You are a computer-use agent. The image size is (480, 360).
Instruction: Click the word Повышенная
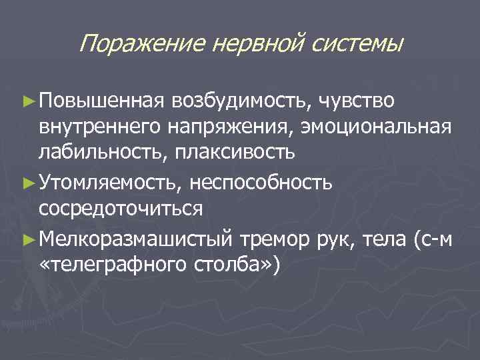tap(101, 101)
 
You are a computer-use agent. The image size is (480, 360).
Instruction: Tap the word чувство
tap(357, 101)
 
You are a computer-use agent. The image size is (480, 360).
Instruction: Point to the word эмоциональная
tap(376, 127)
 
